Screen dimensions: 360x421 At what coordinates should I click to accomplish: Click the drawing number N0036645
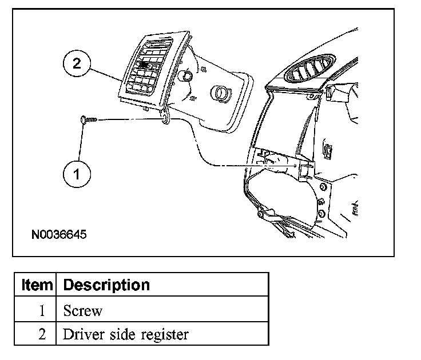coord(59,235)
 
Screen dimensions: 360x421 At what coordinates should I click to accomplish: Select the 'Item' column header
coord(37,285)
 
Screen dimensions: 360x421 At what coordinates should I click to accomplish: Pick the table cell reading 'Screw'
coord(83,311)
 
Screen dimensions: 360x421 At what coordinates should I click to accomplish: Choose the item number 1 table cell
coord(42,311)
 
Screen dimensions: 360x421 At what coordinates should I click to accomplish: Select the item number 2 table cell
coord(42,334)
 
